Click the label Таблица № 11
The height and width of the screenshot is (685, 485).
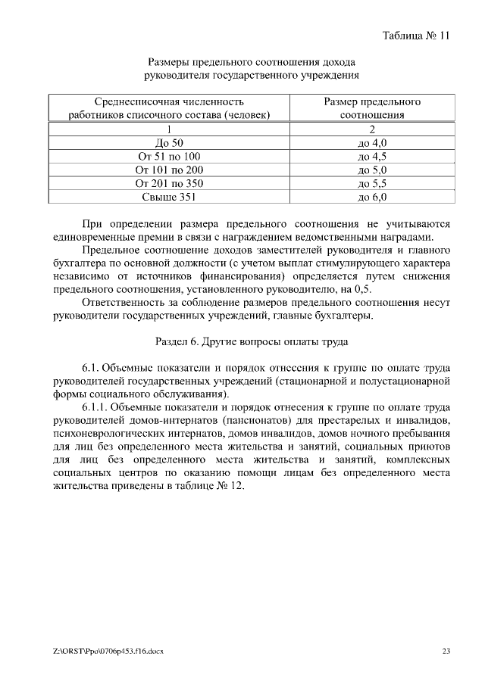(416, 36)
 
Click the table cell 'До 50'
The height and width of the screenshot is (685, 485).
(169, 142)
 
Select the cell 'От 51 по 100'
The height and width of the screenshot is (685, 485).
(169, 156)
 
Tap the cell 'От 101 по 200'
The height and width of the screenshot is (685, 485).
(169, 170)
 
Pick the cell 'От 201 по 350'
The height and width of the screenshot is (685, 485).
(169, 183)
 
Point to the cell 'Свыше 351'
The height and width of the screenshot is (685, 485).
(169, 197)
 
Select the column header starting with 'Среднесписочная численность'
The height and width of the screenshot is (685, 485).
(169, 108)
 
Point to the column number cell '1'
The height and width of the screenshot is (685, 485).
(169, 129)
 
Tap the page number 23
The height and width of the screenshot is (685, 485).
(446, 651)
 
